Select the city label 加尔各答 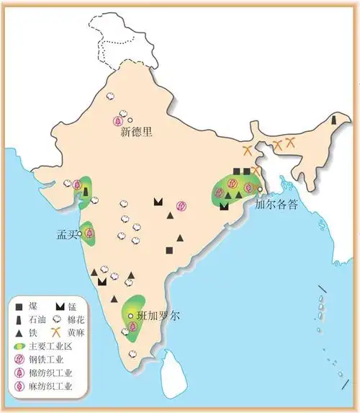pyautogui.click(x=276, y=204)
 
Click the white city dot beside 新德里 pyautogui.click(x=130, y=120)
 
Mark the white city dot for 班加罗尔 pyautogui.click(x=130, y=316)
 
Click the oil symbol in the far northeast pyautogui.click(x=333, y=120)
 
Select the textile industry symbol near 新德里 pyautogui.click(x=117, y=121)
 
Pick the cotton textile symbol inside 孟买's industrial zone pyautogui.click(x=89, y=232)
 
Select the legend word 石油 pyautogui.click(x=36, y=319)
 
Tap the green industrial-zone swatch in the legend pyautogui.click(x=17, y=347)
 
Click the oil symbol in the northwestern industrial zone pyautogui.click(x=86, y=192)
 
